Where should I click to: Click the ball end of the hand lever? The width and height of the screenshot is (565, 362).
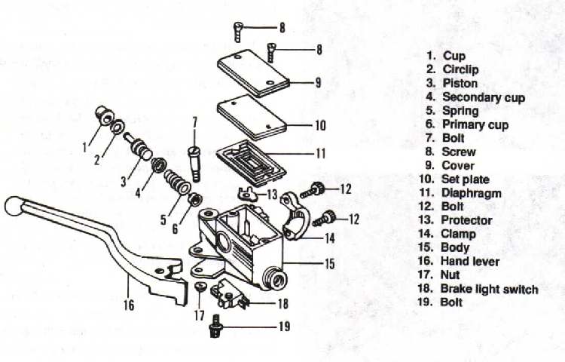(14, 206)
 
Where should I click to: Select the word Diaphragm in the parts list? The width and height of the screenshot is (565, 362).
(472, 193)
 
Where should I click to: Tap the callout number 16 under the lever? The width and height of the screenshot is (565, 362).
(129, 305)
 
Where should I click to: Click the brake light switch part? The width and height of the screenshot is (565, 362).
(228, 295)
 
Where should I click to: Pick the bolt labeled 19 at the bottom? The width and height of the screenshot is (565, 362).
(215, 326)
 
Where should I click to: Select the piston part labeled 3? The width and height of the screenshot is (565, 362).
(139, 147)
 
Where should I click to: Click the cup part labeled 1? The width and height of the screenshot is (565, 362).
(104, 115)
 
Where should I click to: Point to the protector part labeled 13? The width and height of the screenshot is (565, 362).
(247, 194)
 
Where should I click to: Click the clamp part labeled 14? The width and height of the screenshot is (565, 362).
(295, 216)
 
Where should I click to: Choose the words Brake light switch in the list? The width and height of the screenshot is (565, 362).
(490, 289)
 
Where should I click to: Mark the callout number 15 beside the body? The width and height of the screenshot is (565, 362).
(330, 264)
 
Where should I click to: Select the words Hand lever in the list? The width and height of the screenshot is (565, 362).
(470, 262)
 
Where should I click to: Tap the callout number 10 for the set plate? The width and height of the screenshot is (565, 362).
(320, 125)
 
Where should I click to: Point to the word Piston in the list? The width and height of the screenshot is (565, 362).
(460, 83)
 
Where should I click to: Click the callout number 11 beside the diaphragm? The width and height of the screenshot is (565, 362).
(321, 154)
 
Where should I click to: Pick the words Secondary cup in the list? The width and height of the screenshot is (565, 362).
(484, 97)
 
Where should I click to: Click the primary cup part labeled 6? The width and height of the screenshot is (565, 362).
(195, 198)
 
